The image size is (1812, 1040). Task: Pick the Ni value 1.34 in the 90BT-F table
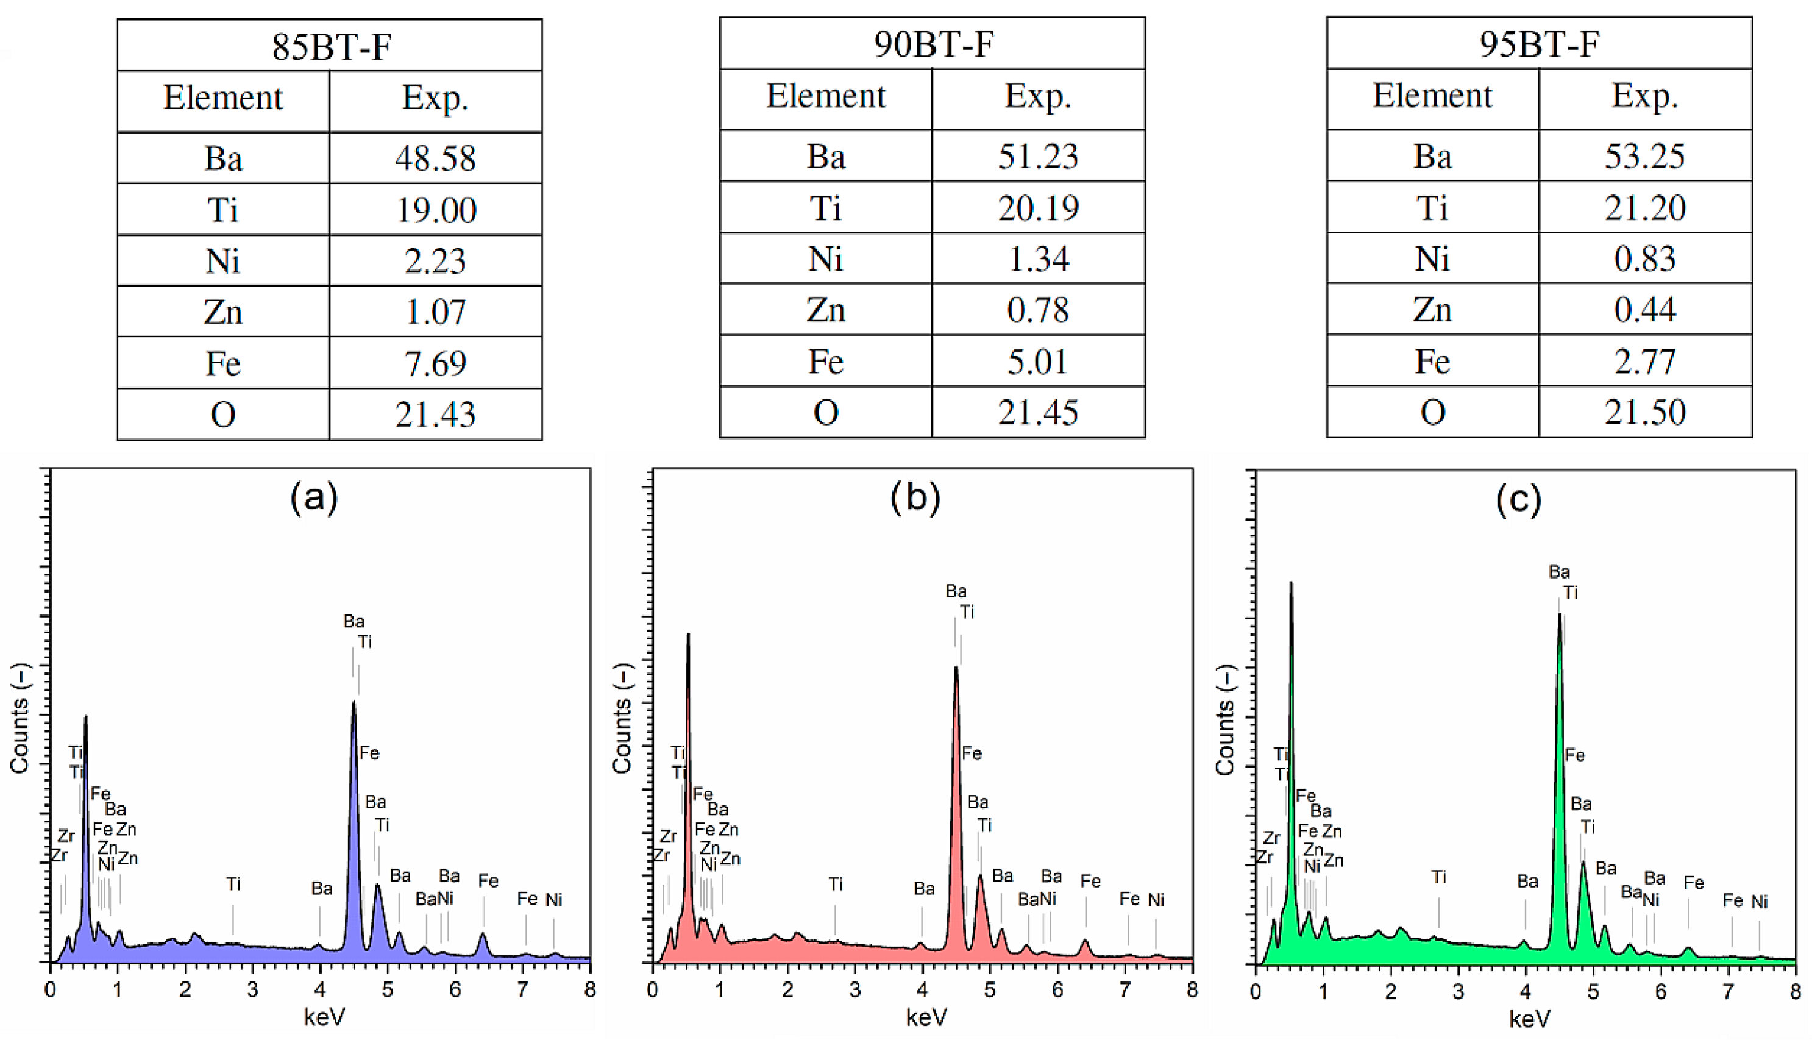[x=1038, y=258]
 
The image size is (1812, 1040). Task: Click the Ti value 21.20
[x=1645, y=208]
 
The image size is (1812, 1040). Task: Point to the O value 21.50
[x=1645, y=412]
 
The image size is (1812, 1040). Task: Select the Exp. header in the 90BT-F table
[x=1038, y=96]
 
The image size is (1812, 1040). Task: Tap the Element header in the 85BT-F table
[x=222, y=98]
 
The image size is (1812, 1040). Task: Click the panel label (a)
[x=313, y=497]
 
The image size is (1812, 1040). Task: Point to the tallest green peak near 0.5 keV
[x=1291, y=584]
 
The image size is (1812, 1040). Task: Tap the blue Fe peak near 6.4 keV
[x=483, y=935]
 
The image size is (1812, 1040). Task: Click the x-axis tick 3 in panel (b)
[x=854, y=990]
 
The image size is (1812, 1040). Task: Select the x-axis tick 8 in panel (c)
[x=1795, y=991]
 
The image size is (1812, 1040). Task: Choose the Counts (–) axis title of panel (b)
[x=622, y=718]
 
